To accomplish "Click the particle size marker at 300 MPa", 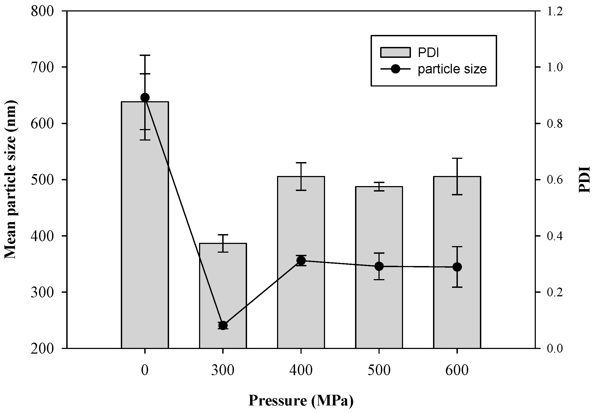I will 223,326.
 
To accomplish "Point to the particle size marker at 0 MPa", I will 145,97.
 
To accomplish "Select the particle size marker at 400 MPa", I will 301,261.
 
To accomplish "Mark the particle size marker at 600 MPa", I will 457,267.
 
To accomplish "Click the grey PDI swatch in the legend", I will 395,52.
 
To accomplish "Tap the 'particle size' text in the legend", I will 452,69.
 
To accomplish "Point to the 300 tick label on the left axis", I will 45,292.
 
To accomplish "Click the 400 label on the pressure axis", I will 301,371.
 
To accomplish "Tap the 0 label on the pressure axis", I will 145,371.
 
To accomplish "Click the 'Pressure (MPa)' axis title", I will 301,401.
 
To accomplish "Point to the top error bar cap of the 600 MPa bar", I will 457,158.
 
